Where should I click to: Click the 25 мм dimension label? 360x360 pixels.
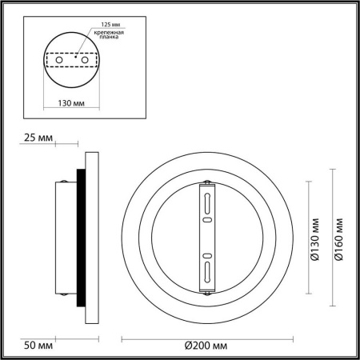coord(38,138)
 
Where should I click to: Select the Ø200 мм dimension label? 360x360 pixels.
coord(203,345)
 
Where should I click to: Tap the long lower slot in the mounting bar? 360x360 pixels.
coord(206,270)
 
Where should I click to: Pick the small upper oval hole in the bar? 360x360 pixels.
coord(206,217)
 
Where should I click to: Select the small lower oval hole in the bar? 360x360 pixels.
coord(206,254)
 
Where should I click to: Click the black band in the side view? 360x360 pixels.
coord(79,238)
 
